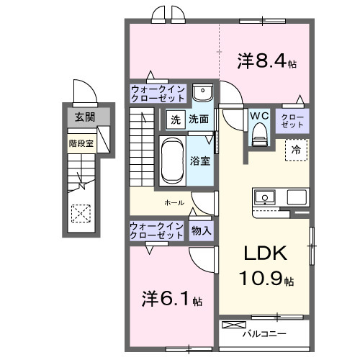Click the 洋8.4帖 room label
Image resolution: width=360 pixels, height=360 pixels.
coord(266,62)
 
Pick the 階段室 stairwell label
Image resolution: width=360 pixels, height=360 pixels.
coord(81,143)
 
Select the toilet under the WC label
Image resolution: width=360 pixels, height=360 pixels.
coord(259,132)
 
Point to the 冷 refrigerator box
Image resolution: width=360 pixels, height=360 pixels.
coord(296,149)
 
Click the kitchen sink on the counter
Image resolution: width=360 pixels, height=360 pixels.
coord(264,197)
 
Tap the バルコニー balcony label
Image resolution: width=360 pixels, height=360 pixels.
coord(264,334)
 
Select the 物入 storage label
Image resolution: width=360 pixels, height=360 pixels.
coord(202,230)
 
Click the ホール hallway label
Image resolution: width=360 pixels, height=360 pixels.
coord(174,203)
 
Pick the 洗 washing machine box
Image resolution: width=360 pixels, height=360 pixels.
coord(176,120)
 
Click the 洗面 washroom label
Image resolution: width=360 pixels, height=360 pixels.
coord(199,120)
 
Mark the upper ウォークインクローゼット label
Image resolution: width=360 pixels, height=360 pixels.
coord(158,94)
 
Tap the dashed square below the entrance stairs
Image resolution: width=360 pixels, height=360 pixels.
coord(80,214)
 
